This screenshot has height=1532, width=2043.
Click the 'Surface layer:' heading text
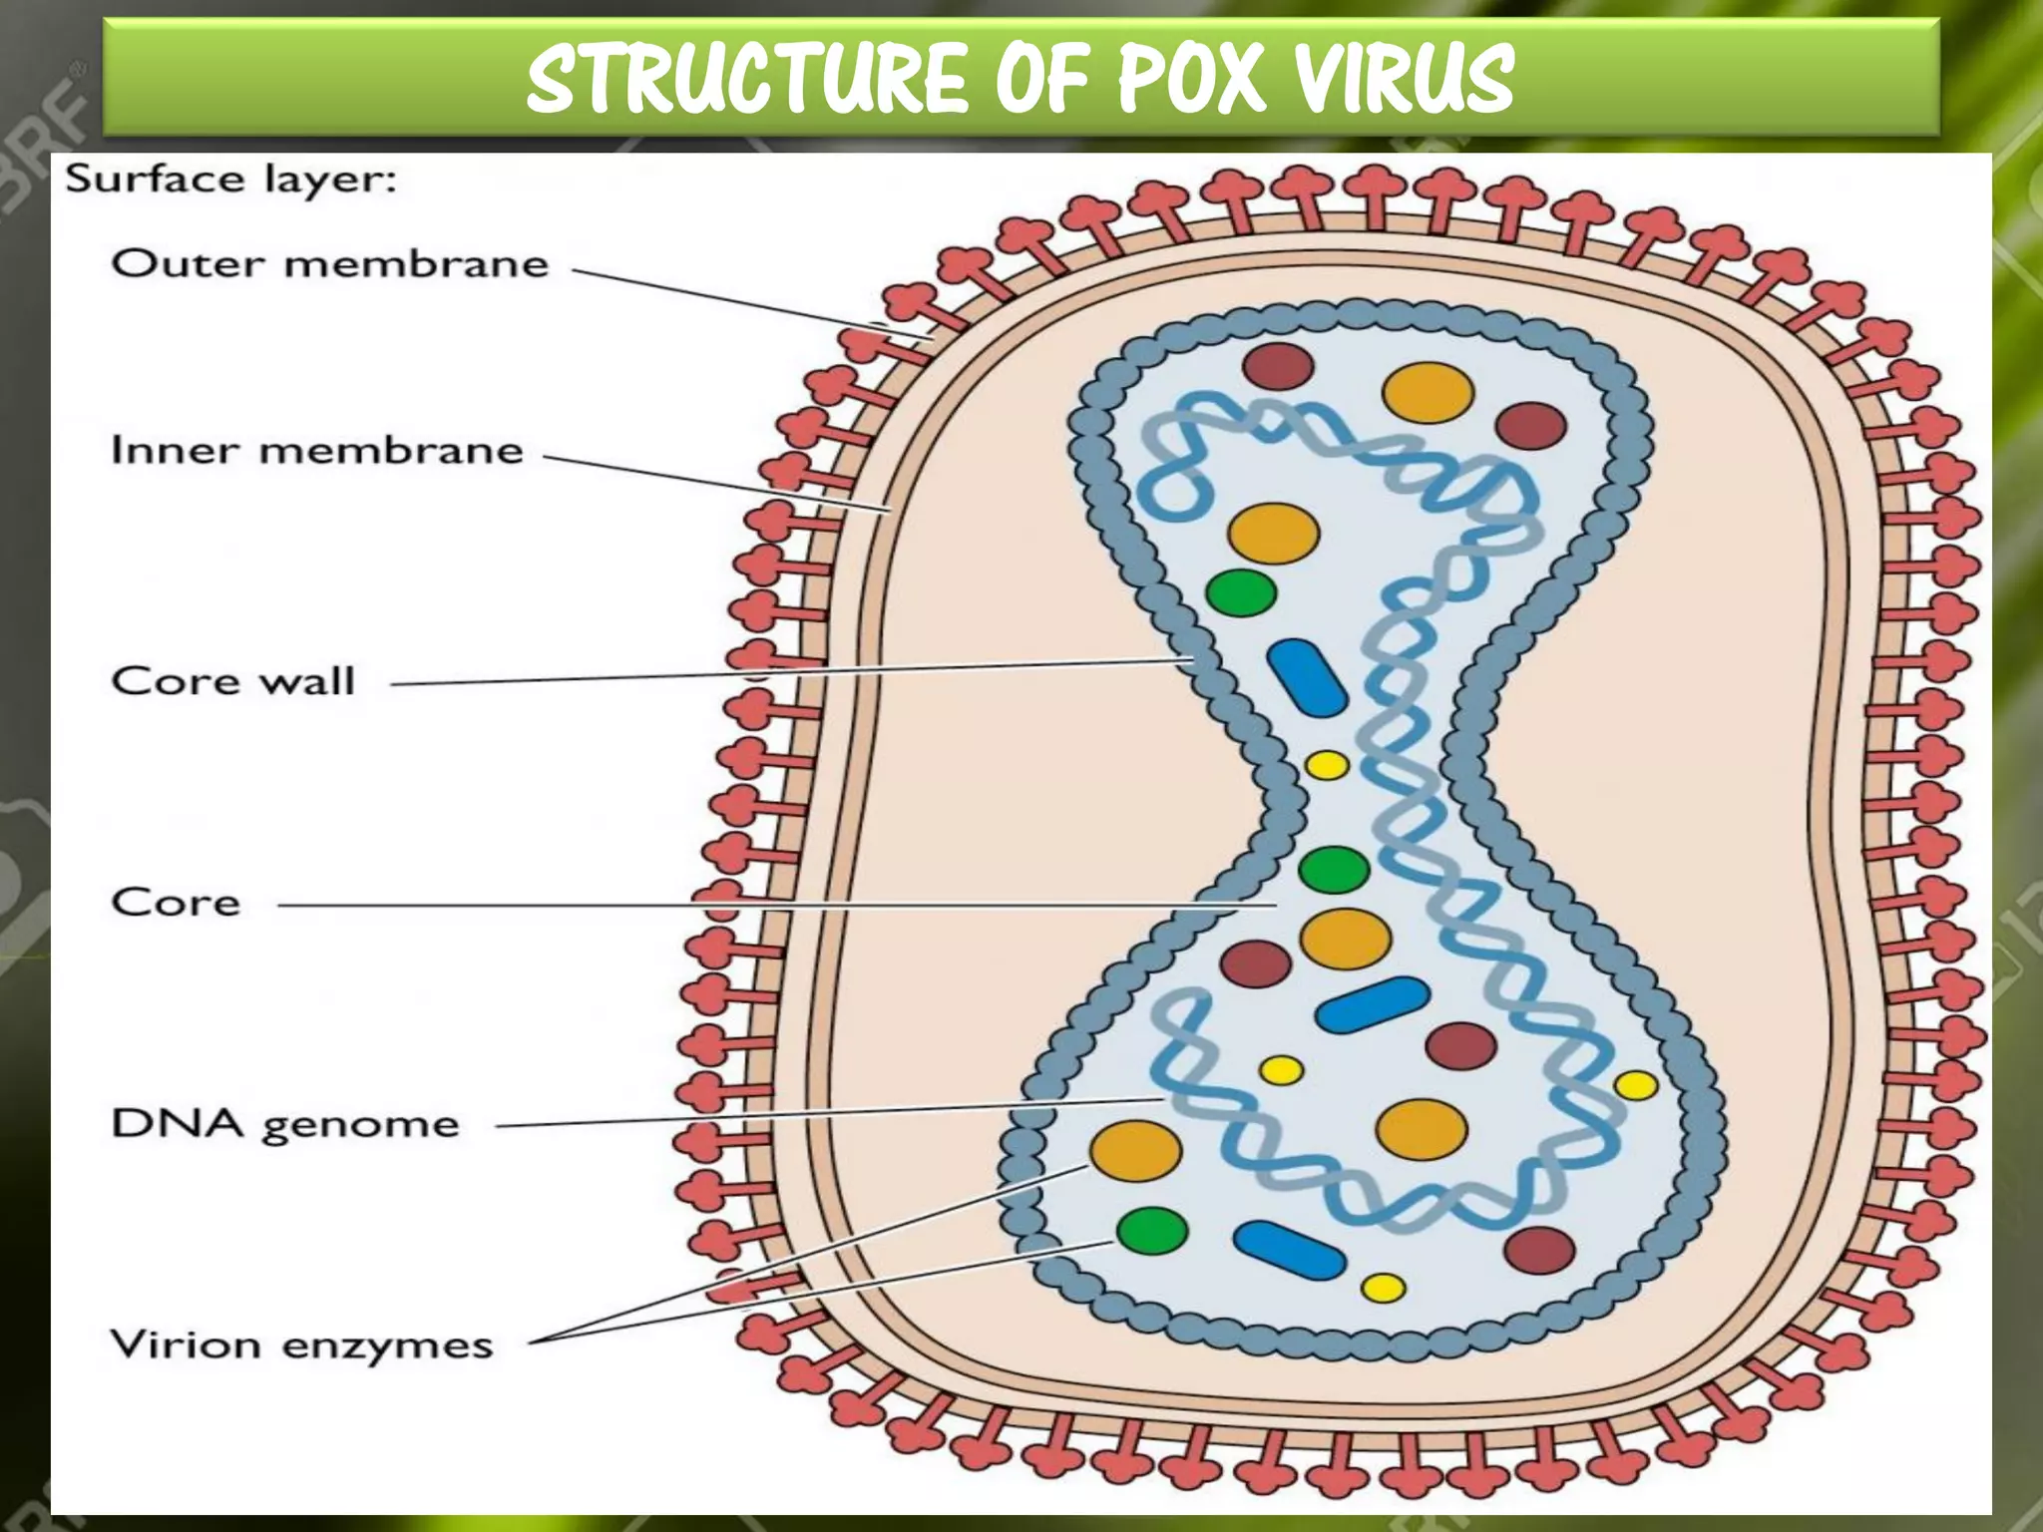pyautogui.click(x=230, y=181)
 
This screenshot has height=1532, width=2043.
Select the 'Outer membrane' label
pyautogui.click(x=330, y=264)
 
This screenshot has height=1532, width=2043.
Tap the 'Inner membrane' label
pyautogui.click(x=317, y=451)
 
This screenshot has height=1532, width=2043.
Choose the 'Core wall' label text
pyautogui.click(x=233, y=681)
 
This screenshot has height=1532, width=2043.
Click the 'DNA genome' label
pyautogui.click(x=285, y=1124)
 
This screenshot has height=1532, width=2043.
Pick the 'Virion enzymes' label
pyautogui.click(x=301, y=1345)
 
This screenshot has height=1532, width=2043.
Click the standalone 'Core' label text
pyautogui.click(x=177, y=903)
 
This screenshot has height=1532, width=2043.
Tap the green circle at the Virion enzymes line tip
pyautogui.click(x=1152, y=1231)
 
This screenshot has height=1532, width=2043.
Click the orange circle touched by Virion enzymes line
pyautogui.click(x=1135, y=1150)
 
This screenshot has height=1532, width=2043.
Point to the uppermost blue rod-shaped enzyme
pyautogui.click(x=1308, y=678)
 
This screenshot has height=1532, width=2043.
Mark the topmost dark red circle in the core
pyautogui.click(x=1278, y=366)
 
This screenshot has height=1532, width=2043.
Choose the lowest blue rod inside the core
pyautogui.click(x=1289, y=1250)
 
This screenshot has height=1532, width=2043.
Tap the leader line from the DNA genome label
pyautogui.click(x=828, y=1113)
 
